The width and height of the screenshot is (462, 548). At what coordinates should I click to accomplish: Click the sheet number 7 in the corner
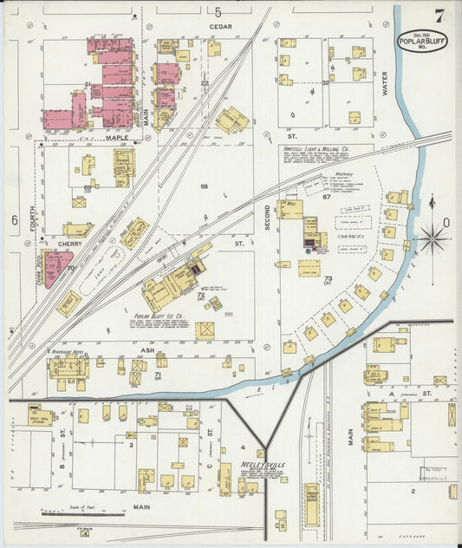click(x=440, y=15)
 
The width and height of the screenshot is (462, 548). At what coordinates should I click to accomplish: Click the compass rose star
click(x=431, y=237)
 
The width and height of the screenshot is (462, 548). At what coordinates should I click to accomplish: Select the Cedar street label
click(x=220, y=27)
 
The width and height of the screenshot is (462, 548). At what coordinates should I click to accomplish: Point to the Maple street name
click(x=117, y=137)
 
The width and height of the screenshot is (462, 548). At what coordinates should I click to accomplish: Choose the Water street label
click(x=385, y=83)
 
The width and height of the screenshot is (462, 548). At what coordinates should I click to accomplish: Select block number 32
click(x=325, y=82)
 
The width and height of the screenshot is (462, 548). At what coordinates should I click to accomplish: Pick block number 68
click(x=205, y=186)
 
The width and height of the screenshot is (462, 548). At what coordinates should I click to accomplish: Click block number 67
click(x=328, y=197)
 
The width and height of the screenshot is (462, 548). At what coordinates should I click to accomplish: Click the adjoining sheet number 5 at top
click(x=218, y=11)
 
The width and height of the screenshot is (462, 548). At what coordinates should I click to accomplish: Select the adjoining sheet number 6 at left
click(x=14, y=220)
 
